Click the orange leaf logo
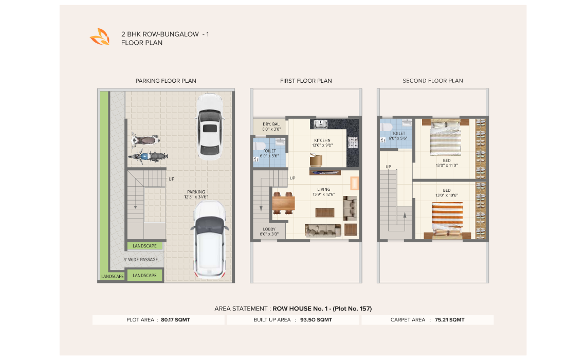[100, 37]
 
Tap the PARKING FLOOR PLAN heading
[166, 81]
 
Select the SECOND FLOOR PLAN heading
[432, 81]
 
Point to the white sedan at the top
[210, 127]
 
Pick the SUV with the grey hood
[210, 240]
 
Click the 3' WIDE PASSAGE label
[140, 259]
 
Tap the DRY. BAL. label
[271, 124]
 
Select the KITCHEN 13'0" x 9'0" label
[322, 143]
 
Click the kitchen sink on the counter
[320, 124]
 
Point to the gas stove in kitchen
[353, 142]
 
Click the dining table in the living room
[283, 203]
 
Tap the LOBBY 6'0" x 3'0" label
[269, 232]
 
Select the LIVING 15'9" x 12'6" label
[324, 192]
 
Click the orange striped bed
[447, 219]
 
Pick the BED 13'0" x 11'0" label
[447, 163]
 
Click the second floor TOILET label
[398, 133]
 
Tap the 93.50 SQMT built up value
[316, 319]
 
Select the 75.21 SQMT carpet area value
[450, 319]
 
